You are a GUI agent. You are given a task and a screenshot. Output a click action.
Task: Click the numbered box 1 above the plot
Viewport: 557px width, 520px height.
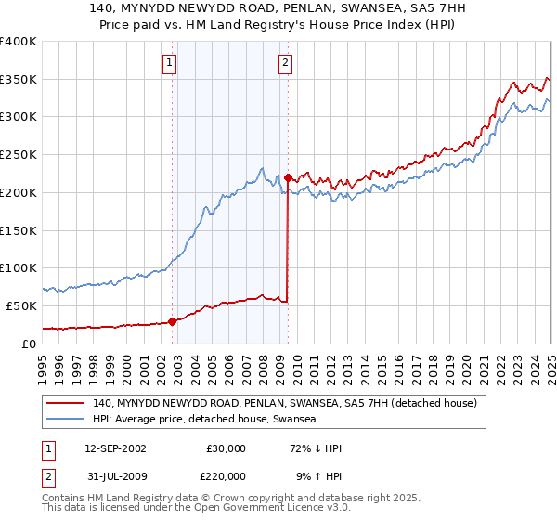(x=170, y=63)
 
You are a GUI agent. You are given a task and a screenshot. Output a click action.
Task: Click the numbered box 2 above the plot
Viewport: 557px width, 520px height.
(x=285, y=63)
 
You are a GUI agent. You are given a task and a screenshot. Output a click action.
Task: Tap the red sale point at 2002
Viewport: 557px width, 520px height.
(x=172, y=321)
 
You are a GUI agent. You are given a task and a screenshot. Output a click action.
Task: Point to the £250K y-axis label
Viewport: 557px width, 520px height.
(x=19, y=154)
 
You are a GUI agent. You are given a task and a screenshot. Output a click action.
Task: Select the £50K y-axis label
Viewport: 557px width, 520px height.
(x=22, y=305)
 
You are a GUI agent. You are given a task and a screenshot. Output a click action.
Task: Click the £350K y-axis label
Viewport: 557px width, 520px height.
(x=19, y=79)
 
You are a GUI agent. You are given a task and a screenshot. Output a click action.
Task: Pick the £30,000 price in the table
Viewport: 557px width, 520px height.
(x=226, y=448)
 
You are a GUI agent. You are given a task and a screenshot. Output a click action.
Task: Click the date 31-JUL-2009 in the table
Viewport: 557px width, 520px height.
(x=114, y=474)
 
